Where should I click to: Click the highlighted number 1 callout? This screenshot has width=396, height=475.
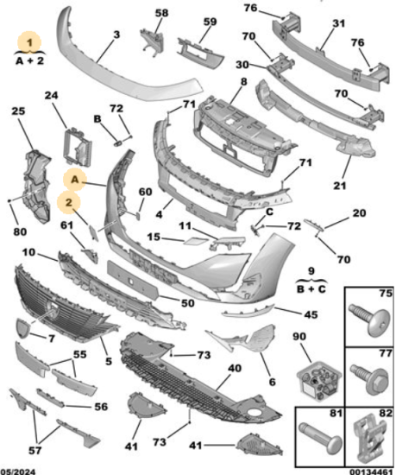pyautogui.click(x=29, y=42)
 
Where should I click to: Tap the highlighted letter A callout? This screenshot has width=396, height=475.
pyautogui.click(x=75, y=180)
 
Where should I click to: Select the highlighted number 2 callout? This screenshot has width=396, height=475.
pyautogui.click(x=69, y=202)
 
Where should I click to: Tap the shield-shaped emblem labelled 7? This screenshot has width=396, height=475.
pyautogui.click(x=22, y=328)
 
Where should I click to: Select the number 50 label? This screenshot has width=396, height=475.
pyautogui.click(x=187, y=303)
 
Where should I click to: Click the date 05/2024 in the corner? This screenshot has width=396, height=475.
pyautogui.click(x=18, y=472)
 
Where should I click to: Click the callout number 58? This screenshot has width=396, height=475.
pyautogui.click(x=161, y=13)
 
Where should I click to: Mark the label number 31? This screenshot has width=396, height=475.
pyautogui.click(x=338, y=23)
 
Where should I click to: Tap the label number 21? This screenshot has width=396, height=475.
pyautogui.click(x=339, y=186)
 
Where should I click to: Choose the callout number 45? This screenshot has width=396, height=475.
pyautogui.click(x=311, y=314)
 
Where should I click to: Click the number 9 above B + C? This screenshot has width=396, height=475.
pyautogui.click(x=311, y=271)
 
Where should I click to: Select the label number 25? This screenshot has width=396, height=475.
pyautogui.click(x=18, y=111)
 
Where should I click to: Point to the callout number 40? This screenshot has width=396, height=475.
pyautogui.click(x=235, y=368)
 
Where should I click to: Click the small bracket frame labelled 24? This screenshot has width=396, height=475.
pyautogui.click(x=77, y=147)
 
